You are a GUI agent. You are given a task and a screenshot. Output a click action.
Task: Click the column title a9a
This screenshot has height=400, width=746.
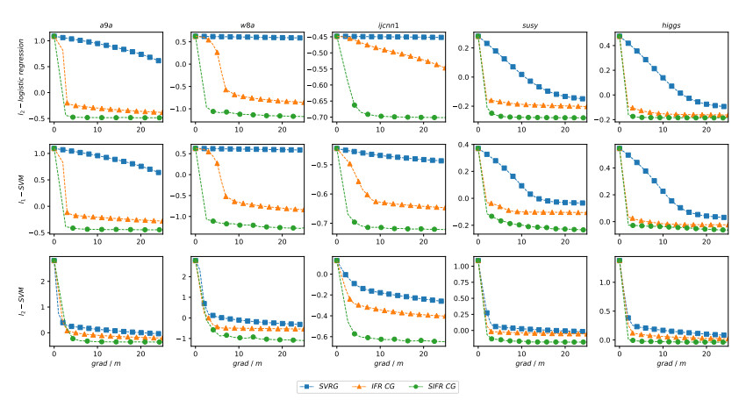(x=109, y=25)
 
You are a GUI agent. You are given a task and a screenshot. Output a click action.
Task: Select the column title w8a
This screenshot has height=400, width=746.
(x=250, y=25)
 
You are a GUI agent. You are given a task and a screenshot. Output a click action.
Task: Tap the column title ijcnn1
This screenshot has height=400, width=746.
(x=391, y=25)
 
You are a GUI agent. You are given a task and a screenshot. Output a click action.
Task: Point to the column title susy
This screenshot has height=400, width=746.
(x=531, y=25)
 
